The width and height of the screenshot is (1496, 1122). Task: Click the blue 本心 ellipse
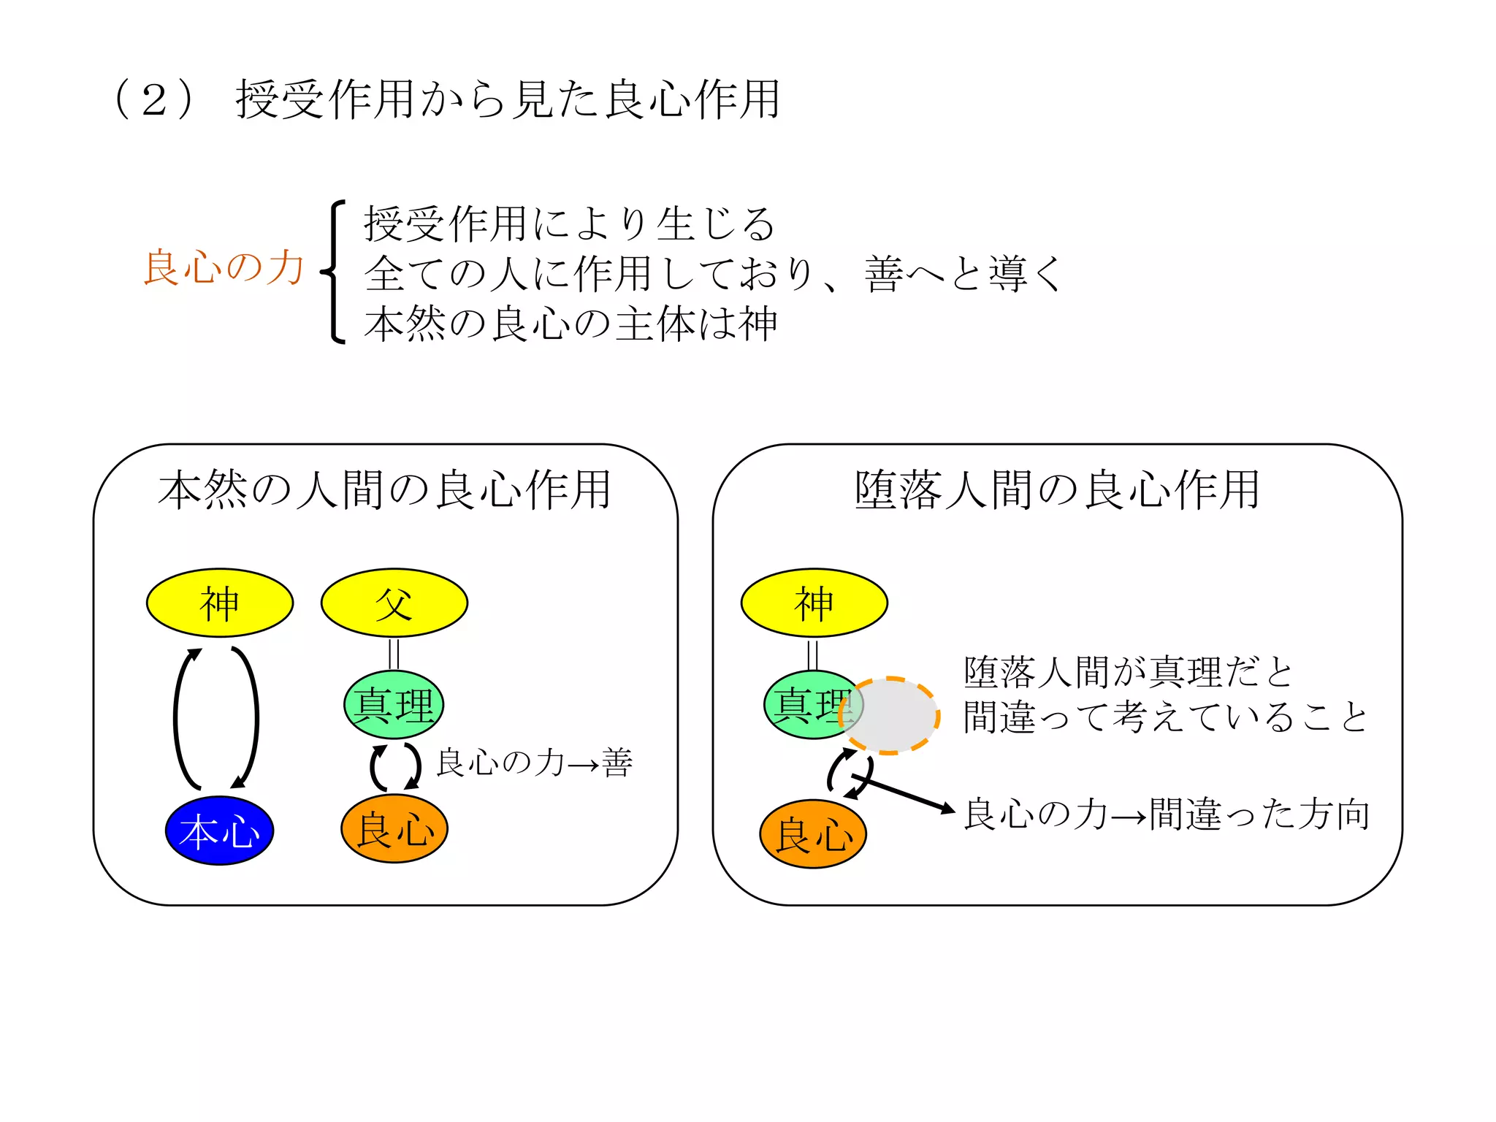click(219, 831)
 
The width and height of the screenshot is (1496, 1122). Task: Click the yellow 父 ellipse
click(394, 603)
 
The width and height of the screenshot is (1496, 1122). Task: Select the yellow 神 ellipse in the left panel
click(220, 603)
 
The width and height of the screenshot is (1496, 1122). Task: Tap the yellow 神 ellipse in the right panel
click(814, 603)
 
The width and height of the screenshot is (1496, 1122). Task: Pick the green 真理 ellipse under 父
click(394, 705)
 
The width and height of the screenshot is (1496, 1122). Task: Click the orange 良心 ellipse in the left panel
click(394, 829)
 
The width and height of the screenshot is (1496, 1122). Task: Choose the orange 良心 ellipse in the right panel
click(813, 833)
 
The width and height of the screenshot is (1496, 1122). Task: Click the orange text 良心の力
click(224, 267)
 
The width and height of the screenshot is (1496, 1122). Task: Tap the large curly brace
click(334, 272)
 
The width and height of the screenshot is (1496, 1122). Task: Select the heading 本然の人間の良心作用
click(384, 489)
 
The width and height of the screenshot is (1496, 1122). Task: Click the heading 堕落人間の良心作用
click(1057, 489)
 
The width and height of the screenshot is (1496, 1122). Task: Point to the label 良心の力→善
click(534, 763)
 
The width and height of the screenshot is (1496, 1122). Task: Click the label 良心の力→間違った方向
click(1167, 814)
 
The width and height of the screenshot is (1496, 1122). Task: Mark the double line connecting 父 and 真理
click(394, 654)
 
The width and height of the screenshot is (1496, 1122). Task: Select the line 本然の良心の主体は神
click(570, 324)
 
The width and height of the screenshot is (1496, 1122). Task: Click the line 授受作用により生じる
click(569, 224)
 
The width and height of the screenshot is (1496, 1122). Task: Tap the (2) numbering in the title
click(154, 99)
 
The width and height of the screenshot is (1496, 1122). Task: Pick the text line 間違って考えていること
click(1165, 717)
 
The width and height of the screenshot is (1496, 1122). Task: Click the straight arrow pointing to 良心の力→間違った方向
click(906, 794)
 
